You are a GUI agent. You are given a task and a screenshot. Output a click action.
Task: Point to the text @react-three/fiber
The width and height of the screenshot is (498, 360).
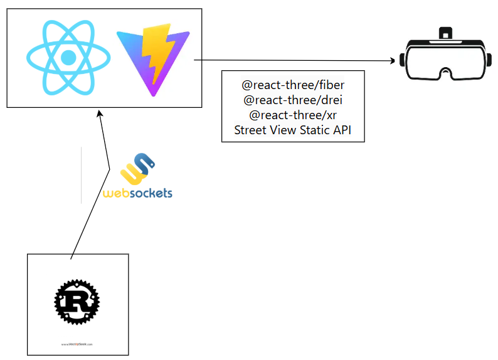(x=293, y=84)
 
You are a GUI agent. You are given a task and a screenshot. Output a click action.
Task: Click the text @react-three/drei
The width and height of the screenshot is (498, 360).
(x=292, y=100)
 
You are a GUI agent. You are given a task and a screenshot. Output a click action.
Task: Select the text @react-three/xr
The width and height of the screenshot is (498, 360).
(x=292, y=115)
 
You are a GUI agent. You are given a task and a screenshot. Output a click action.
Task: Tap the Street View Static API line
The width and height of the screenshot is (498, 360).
(x=293, y=130)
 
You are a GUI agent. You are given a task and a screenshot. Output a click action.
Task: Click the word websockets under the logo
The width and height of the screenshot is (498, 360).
(x=137, y=193)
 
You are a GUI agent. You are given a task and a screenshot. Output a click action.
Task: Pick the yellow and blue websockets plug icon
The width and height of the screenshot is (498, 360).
(x=140, y=168)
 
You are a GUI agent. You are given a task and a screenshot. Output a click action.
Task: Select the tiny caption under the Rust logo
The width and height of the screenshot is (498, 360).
(x=78, y=344)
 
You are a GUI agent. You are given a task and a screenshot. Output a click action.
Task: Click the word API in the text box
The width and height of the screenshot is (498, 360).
(x=342, y=130)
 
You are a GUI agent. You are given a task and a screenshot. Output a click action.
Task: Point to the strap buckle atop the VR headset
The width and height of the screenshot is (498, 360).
(x=446, y=32)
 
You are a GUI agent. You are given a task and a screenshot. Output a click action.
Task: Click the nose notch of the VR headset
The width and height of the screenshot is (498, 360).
(x=446, y=75)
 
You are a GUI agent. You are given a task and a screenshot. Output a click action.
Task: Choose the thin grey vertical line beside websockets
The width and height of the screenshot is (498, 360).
(x=82, y=175)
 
